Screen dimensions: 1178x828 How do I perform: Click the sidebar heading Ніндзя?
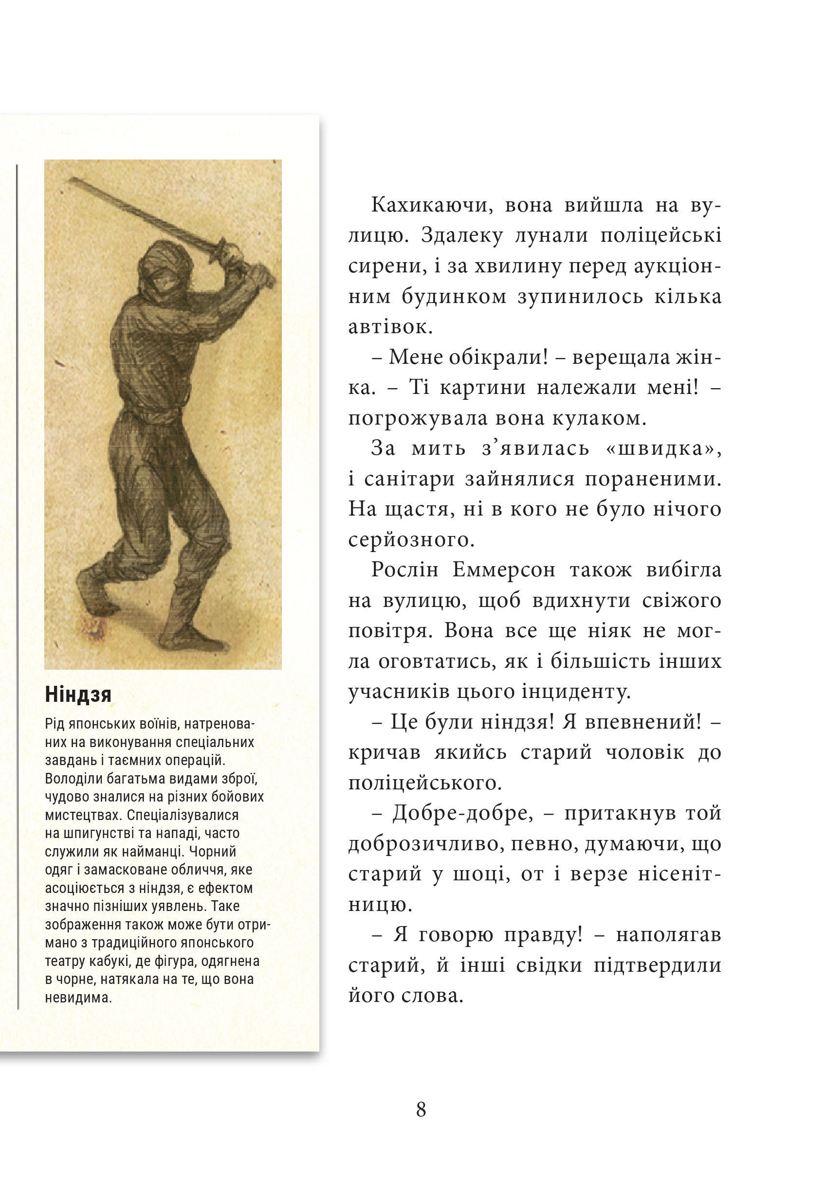point(78,695)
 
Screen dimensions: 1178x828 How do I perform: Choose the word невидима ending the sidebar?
point(78,998)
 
